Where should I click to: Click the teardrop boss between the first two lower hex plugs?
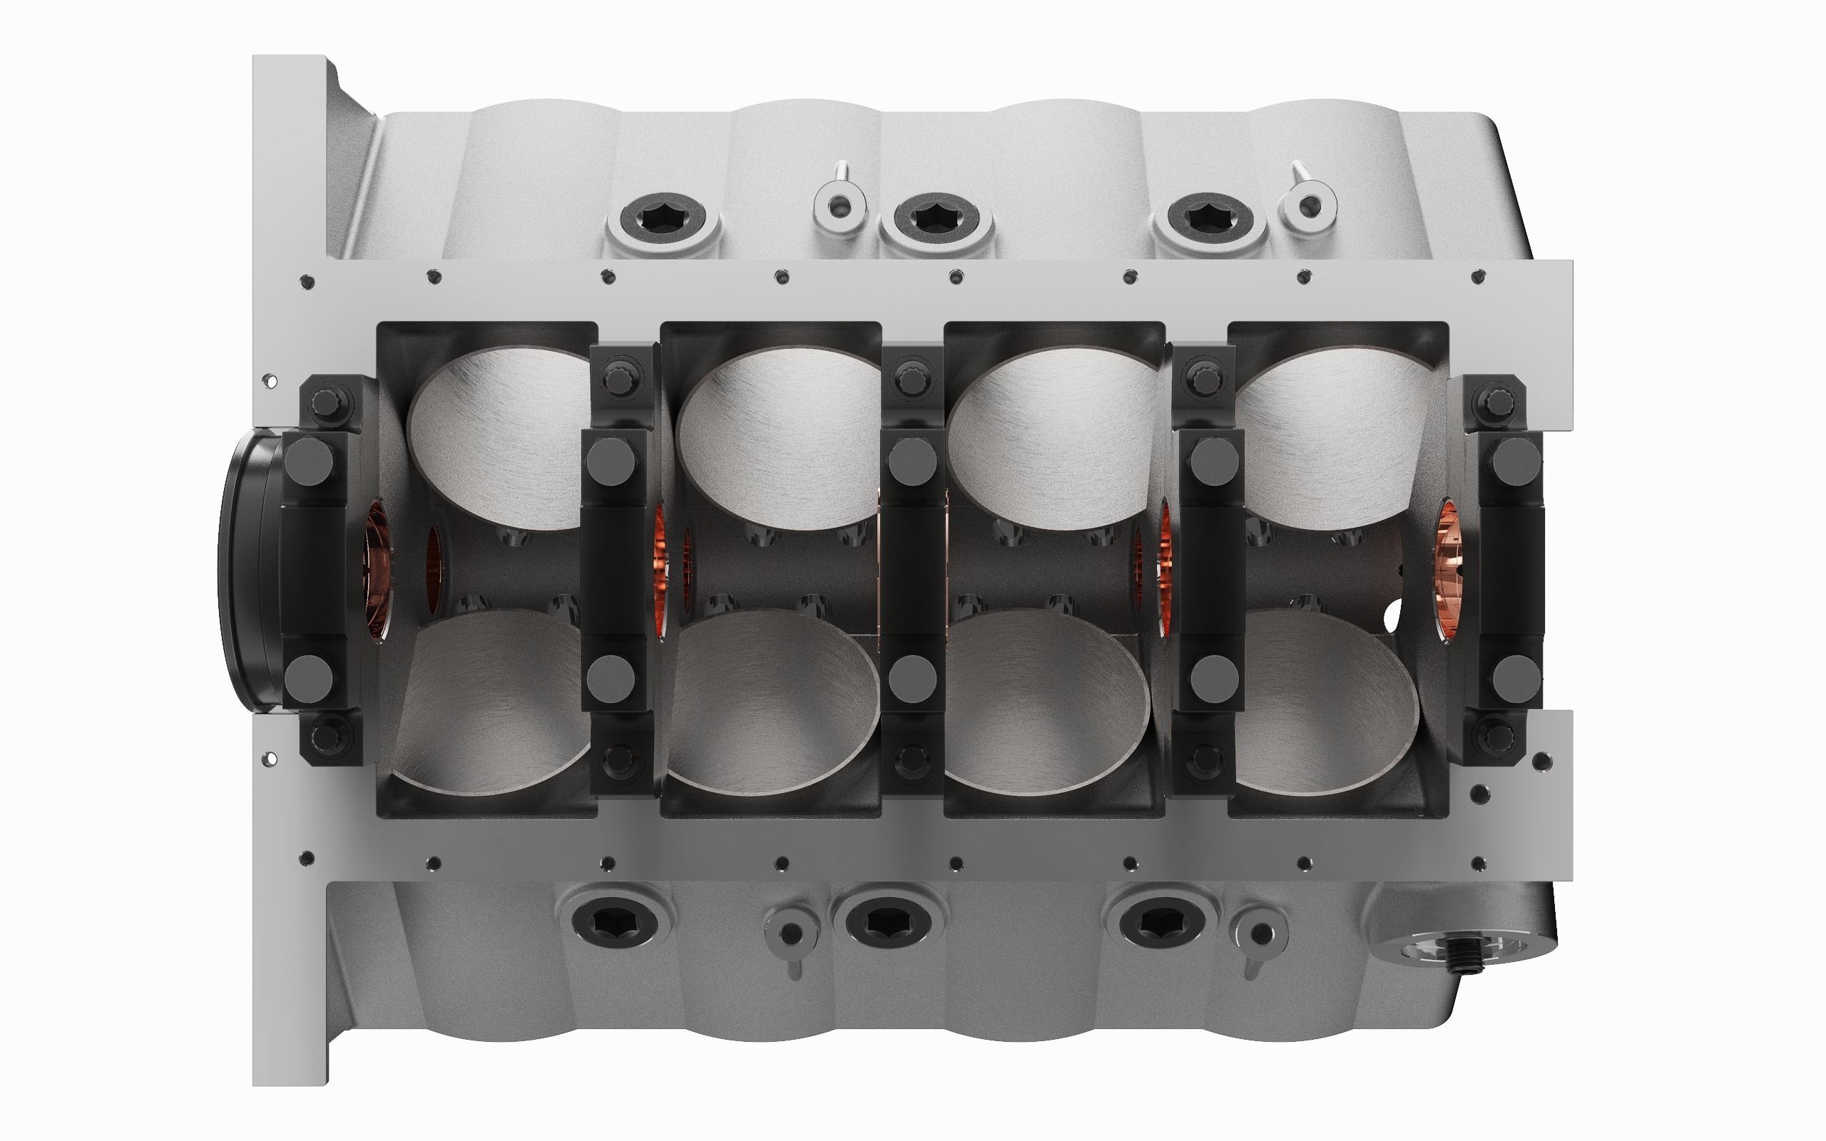[790, 934]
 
